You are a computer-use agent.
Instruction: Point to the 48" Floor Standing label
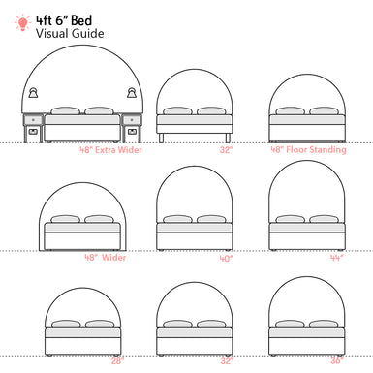coord(307,150)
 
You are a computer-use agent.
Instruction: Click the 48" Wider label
coord(105,258)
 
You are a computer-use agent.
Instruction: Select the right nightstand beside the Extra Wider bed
coord(133,126)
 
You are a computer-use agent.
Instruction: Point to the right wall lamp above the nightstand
coord(131,92)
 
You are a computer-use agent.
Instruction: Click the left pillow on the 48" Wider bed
coord(67,219)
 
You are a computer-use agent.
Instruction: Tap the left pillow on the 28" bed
coord(67,324)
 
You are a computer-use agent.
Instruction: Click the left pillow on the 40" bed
coord(177,219)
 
